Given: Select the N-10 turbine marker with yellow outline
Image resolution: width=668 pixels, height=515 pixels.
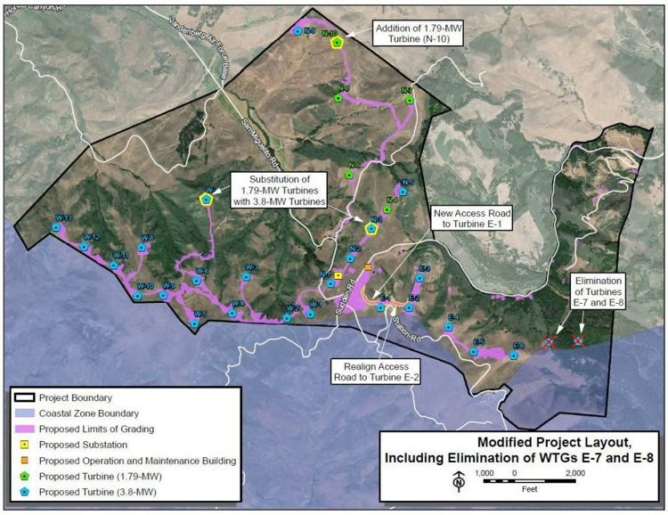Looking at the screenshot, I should coord(336,42).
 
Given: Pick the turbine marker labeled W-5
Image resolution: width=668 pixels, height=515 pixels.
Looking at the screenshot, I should coord(194,323).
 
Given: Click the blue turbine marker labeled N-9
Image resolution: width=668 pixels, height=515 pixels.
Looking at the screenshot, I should coord(297,31).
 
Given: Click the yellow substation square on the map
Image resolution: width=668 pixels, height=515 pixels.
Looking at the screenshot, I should coord(338,276).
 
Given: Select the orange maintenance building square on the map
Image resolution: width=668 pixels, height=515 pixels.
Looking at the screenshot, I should coord(367,266).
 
